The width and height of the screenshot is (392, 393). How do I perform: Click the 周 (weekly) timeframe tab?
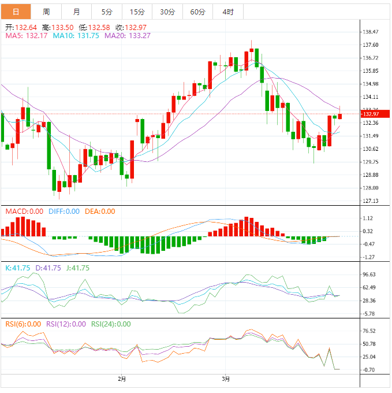[x=46, y=12]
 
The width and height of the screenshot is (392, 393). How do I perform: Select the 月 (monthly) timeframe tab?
[x=77, y=12]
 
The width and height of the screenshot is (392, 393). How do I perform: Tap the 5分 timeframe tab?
[x=107, y=12]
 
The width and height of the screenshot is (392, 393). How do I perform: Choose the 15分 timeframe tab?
[x=137, y=12]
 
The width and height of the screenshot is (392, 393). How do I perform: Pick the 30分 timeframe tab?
[x=167, y=12]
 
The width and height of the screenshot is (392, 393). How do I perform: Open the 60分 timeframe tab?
[x=197, y=12]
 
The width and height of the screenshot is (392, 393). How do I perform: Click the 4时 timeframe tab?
[x=227, y=12]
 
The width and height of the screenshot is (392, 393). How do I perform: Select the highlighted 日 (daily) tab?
[x=16, y=12]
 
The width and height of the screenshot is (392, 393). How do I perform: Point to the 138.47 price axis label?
[x=370, y=32]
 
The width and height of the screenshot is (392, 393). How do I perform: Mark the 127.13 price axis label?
[x=370, y=201]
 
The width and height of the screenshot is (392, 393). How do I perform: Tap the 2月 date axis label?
[x=121, y=380]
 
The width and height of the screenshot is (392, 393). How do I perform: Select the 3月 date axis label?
[x=226, y=380]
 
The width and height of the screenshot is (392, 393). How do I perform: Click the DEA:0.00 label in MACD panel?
[x=100, y=212]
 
